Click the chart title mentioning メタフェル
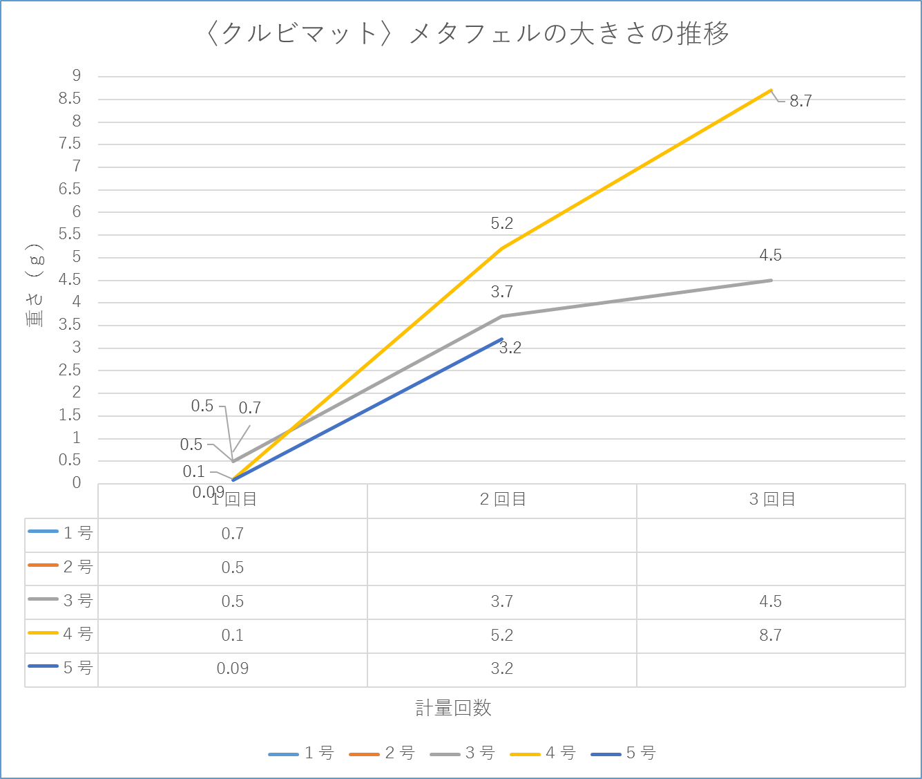tap(467, 33)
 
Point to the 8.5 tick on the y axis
tap(70, 99)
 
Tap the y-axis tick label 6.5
tap(70, 189)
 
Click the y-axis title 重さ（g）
tap(35, 285)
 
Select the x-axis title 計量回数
tap(453, 708)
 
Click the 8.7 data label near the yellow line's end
tap(800, 102)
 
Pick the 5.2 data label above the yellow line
tap(502, 223)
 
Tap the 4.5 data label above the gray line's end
tap(771, 255)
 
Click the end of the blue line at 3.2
tap(502, 339)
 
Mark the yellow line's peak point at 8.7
tap(771, 90)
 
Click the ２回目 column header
tap(502, 500)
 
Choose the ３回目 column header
tap(771, 500)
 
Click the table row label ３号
tap(77, 601)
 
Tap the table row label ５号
tap(77, 668)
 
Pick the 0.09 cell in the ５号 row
tap(233, 668)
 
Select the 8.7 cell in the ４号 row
tap(771, 635)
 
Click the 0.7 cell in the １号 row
tap(233, 534)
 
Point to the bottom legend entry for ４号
tap(544, 753)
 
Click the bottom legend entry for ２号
tap(383, 753)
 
